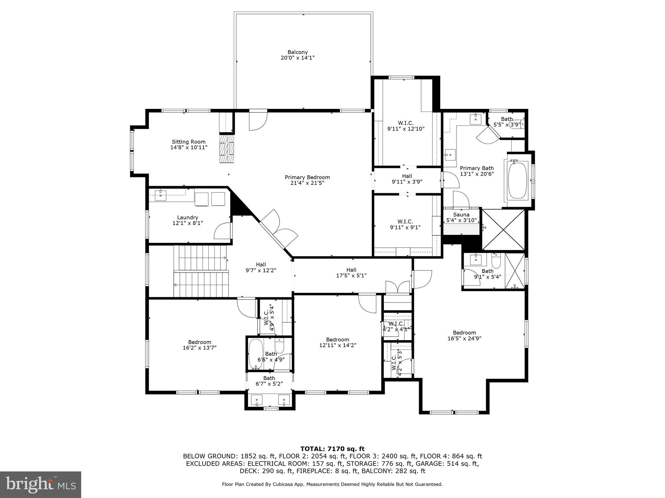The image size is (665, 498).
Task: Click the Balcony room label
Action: [x=297, y=52]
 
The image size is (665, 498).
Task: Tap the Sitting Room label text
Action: [x=189, y=142]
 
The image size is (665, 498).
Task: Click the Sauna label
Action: [x=461, y=215]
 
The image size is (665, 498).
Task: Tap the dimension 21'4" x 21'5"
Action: [x=307, y=183]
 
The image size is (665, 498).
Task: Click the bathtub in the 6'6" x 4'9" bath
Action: [x=255, y=354]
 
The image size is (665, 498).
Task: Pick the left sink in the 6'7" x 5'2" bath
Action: [x=257, y=400]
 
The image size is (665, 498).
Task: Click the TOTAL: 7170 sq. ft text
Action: [x=332, y=449]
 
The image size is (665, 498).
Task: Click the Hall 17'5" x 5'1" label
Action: [x=351, y=270]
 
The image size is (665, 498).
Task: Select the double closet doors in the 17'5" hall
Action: [x=398, y=287]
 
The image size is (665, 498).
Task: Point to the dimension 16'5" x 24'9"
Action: [x=464, y=338]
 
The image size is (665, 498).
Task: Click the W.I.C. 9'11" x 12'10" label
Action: [x=406, y=123]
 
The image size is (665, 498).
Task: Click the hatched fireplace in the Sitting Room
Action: [x=226, y=149]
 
